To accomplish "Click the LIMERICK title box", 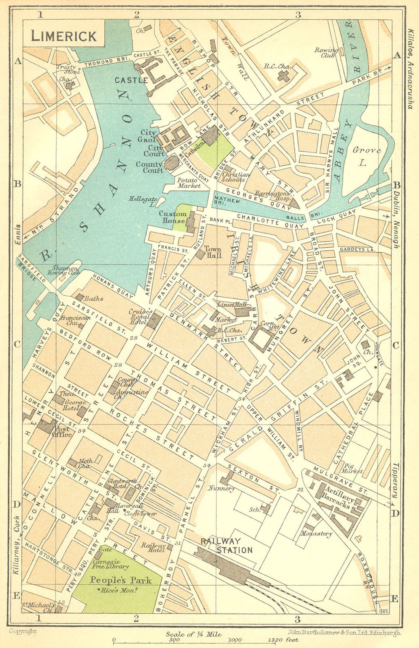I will [x=64, y=36].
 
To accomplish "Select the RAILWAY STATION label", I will [x=227, y=545].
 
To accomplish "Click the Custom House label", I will [x=172, y=217].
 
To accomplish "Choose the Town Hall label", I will [x=212, y=252].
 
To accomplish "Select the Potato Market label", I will [x=189, y=183].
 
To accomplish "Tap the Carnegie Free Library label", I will [x=111, y=564].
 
